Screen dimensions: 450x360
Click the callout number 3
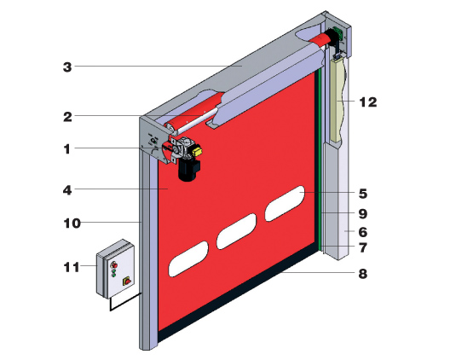(67, 67)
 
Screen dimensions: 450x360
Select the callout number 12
(368, 102)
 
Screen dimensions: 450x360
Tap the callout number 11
(72, 268)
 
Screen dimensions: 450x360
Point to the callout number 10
(72, 224)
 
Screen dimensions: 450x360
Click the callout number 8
(363, 274)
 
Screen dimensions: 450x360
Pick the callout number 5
(363, 194)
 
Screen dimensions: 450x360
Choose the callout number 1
(66, 149)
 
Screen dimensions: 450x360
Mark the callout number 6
(363, 232)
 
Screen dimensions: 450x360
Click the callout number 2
(67, 117)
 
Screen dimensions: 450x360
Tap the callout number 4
(67, 190)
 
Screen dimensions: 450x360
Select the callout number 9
(363, 214)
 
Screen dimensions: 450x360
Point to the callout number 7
(363, 247)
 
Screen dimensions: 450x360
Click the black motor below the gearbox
(188, 171)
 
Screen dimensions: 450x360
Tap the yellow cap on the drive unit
(197, 150)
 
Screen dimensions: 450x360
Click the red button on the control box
(114, 264)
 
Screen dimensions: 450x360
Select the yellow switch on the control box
(126, 281)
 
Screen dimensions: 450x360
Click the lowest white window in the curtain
(188, 259)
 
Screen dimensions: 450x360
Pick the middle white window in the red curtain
(236, 231)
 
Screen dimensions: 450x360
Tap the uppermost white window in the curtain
(285, 204)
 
